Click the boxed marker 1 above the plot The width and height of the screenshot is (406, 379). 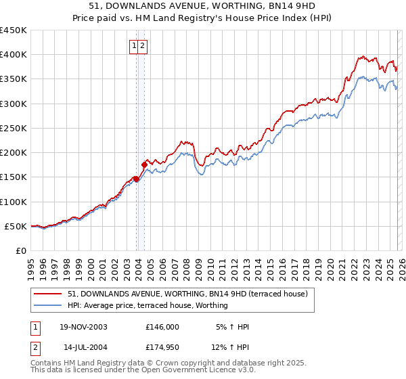tap(134, 46)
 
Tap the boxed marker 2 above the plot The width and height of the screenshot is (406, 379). tap(143, 46)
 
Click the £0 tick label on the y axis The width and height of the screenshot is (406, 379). tap(20, 250)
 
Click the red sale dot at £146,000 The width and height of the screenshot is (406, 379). tap(137, 179)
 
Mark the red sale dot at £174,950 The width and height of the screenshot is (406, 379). tap(144, 164)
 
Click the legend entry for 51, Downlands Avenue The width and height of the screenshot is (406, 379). tap(188, 294)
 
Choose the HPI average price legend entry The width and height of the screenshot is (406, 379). tap(148, 305)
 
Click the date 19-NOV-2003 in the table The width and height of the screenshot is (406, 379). tap(83, 327)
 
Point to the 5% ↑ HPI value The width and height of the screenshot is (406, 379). tap(232, 327)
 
